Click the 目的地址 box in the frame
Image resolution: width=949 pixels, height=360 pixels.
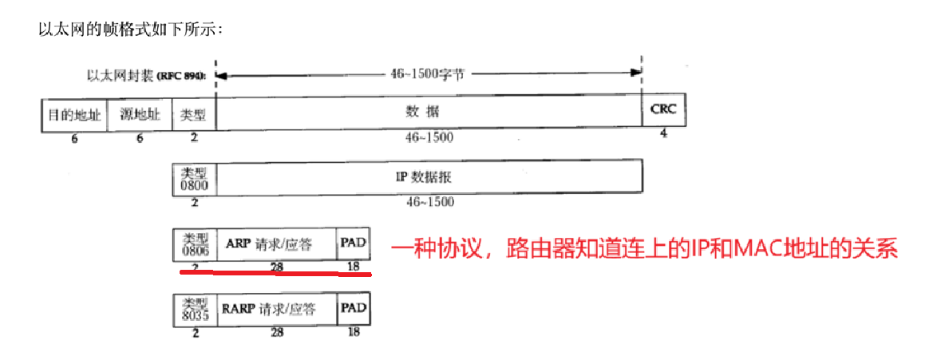(x=73, y=114)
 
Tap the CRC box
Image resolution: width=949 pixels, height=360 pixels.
(x=663, y=109)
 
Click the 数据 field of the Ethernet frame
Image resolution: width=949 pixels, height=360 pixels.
(x=429, y=113)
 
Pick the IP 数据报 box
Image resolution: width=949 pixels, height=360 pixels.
(x=429, y=176)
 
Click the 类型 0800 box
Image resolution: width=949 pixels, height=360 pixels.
(x=194, y=176)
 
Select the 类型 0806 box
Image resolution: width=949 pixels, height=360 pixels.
(x=194, y=243)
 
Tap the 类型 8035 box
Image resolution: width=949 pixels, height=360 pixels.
(x=194, y=309)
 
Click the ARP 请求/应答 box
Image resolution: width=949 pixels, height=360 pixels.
(x=276, y=243)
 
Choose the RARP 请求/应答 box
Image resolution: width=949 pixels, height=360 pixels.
(x=276, y=309)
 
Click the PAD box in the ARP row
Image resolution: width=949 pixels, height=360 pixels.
(x=354, y=242)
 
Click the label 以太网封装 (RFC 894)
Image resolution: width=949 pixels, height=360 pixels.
(x=145, y=75)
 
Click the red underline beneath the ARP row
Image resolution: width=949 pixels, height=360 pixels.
(x=276, y=273)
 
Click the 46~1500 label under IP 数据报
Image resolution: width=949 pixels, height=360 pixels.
(x=430, y=201)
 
